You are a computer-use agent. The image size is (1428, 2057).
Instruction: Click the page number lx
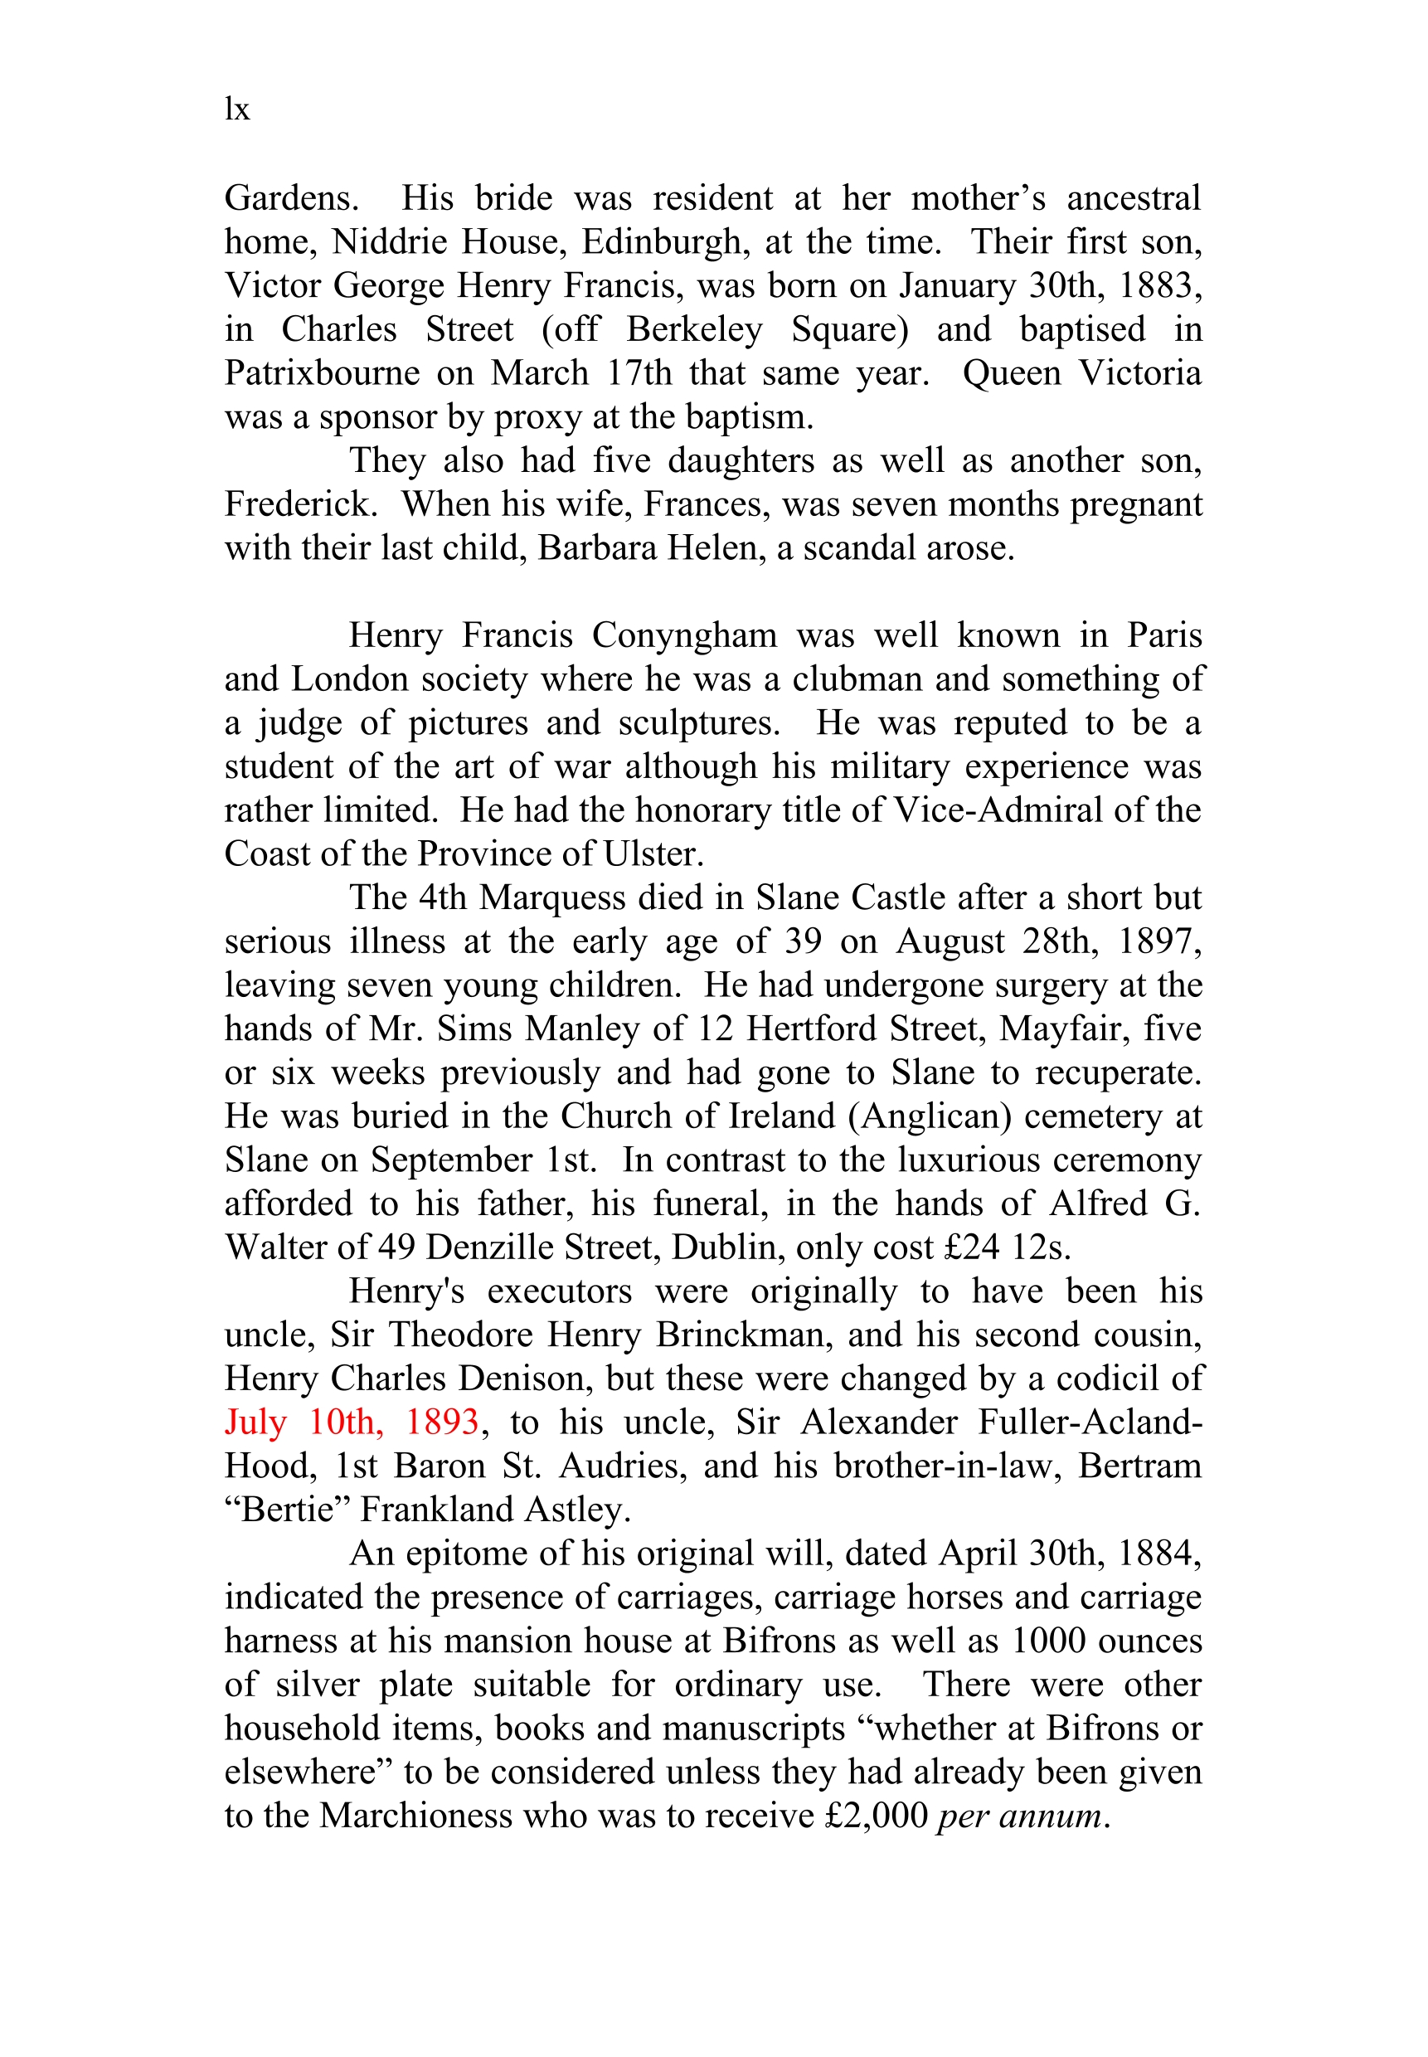click(236, 109)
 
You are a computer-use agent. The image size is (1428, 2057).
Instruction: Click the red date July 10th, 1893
click(352, 1422)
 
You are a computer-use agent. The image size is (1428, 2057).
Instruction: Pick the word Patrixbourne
click(322, 373)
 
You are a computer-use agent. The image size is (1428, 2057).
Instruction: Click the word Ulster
click(653, 854)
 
